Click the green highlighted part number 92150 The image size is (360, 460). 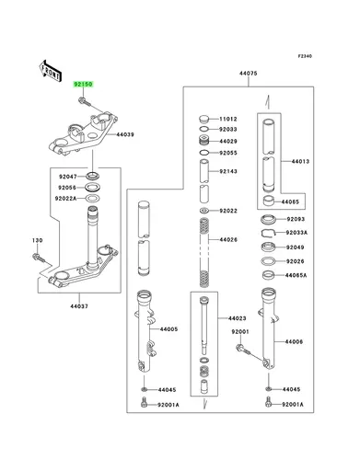[x=83, y=84]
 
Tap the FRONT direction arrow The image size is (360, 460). [x=50, y=71]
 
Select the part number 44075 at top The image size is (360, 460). [x=249, y=74]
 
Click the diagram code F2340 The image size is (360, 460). [x=305, y=56]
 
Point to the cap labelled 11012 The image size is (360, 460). [x=203, y=119]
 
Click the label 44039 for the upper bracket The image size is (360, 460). [x=125, y=134]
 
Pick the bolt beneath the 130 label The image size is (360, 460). [x=39, y=258]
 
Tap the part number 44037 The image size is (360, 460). [x=79, y=306]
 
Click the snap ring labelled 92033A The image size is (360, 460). [x=269, y=233]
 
